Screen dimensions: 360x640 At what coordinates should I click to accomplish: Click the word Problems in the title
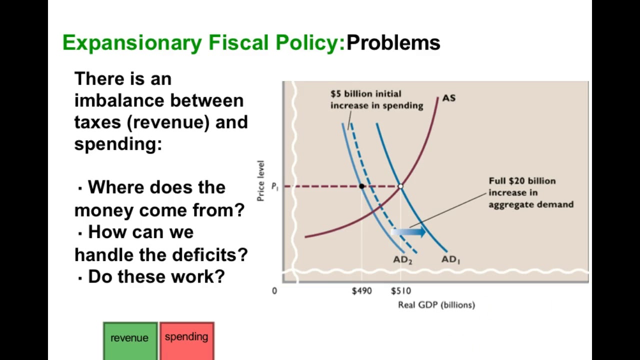[x=393, y=43]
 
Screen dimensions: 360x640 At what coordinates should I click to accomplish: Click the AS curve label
[x=448, y=98]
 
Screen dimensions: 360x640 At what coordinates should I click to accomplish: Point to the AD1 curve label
[x=450, y=259]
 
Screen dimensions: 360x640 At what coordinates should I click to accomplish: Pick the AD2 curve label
[x=402, y=260]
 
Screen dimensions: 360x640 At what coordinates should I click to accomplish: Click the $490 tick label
[x=361, y=290]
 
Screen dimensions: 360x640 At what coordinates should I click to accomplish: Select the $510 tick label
[x=400, y=290]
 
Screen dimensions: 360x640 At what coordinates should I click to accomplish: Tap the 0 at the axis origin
[x=274, y=290]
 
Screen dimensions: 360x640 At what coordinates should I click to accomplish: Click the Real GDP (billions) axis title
[x=436, y=304]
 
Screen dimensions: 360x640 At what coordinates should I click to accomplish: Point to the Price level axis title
[x=260, y=180]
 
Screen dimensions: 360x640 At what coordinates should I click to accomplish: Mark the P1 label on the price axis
[x=274, y=186]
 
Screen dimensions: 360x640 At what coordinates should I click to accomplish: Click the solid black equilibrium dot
[x=361, y=186]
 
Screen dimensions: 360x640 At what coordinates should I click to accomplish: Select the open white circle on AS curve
[x=400, y=186]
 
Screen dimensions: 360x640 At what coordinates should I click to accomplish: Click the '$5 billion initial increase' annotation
[x=376, y=99]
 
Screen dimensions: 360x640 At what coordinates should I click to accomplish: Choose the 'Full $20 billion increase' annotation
[x=530, y=192]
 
